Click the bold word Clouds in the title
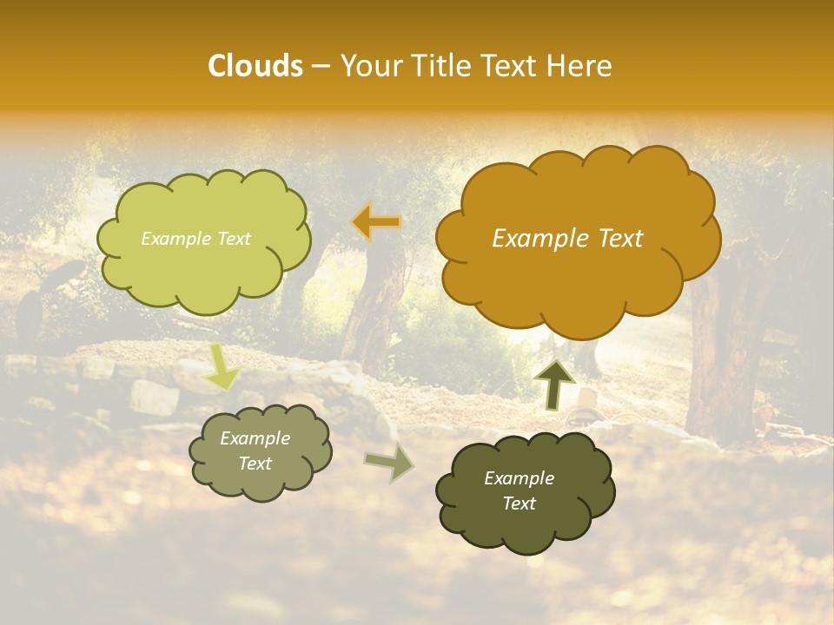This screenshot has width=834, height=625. [255, 66]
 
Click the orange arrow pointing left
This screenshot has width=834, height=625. [376, 222]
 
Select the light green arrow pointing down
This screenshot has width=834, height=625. [222, 366]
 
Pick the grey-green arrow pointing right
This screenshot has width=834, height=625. [388, 462]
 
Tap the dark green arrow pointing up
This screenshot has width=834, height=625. [554, 384]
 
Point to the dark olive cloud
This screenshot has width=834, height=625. [525, 490]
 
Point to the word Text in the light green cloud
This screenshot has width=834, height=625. [233, 239]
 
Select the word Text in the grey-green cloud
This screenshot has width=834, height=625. [255, 464]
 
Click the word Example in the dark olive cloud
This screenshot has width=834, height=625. [520, 478]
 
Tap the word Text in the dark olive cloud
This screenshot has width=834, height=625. [520, 503]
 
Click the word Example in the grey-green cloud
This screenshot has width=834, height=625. [255, 438]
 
